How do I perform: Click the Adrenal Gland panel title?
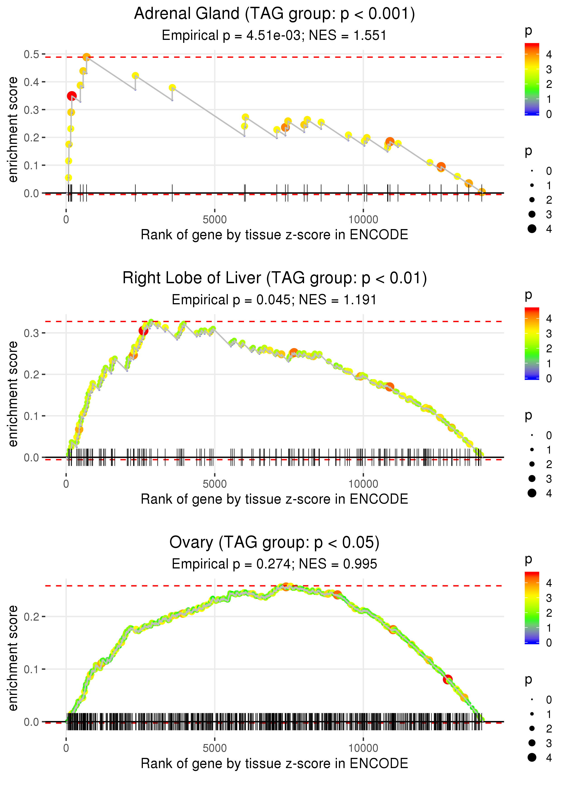tap(274, 14)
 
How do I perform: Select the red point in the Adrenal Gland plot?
tap(72, 96)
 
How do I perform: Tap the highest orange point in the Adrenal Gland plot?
tap(86, 57)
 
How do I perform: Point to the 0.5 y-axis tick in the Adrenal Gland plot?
tap(31, 54)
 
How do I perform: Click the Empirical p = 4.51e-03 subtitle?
tap(274, 36)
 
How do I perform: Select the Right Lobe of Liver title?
tap(274, 278)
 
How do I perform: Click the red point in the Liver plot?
tap(143, 331)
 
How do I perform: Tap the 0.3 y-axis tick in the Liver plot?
tap(31, 333)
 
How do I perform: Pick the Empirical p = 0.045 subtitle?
tap(274, 300)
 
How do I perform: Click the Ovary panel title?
tap(274, 543)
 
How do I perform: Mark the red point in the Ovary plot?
tap(448, 679)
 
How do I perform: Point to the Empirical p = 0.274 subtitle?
tap(274, 564)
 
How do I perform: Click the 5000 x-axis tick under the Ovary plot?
tap(215, 748)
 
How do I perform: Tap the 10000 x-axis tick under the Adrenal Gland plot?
tap(363, 220)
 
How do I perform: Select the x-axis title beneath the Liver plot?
tap(274, 499)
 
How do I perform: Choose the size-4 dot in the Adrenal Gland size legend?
tap(532, 229)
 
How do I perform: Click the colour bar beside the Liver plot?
tap(532, 343)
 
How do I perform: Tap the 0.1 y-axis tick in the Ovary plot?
tap(31, 670)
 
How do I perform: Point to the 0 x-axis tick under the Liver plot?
tap(66, 484)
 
